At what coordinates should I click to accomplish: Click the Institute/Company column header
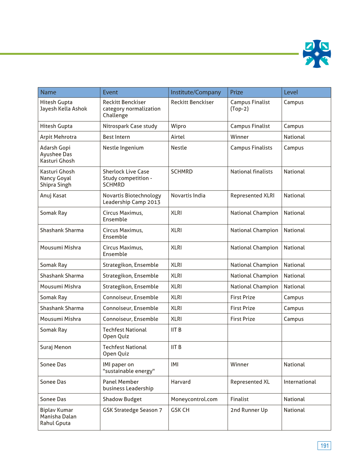point(196,92)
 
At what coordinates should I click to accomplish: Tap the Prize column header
point(237,92)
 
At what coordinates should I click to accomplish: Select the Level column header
point(291,92)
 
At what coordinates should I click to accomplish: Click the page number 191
point(324,446)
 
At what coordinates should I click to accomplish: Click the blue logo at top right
point(317,54)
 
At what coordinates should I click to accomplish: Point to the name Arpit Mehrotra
point(58,137)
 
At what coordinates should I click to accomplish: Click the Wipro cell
point(179,126)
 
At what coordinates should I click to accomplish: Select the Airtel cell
point(178,137)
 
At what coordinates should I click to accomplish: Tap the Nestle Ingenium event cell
point(123,148)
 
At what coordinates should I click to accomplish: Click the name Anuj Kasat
point(53,196)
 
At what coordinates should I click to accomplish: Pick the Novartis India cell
point(188,196)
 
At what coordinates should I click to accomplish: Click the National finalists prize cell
point(252,172)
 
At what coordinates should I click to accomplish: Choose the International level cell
point(300,382)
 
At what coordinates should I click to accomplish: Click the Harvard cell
point(181,382)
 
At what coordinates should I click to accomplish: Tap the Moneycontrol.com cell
point(194,399)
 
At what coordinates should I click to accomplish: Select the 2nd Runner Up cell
point(249,410)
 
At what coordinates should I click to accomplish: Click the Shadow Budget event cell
point(122,399)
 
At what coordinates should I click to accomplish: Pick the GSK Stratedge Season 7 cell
point(132,410)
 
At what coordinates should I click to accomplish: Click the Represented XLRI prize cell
point(253,196)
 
